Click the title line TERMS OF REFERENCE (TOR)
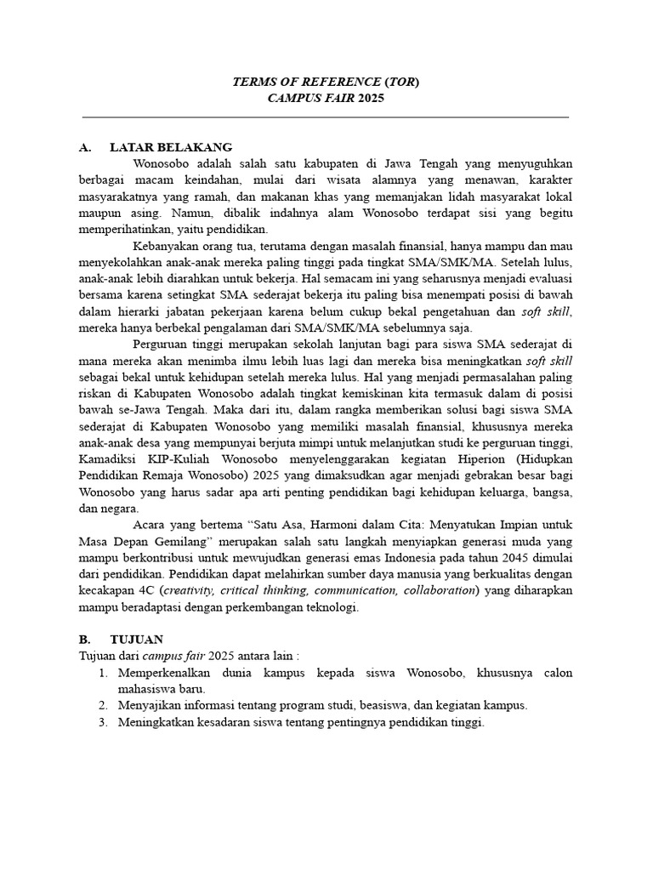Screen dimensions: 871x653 coord(326,82)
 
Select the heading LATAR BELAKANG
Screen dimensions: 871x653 coord(171,147)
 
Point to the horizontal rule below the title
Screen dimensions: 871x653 coord(326,117)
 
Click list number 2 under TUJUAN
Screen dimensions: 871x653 coord(102,705)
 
